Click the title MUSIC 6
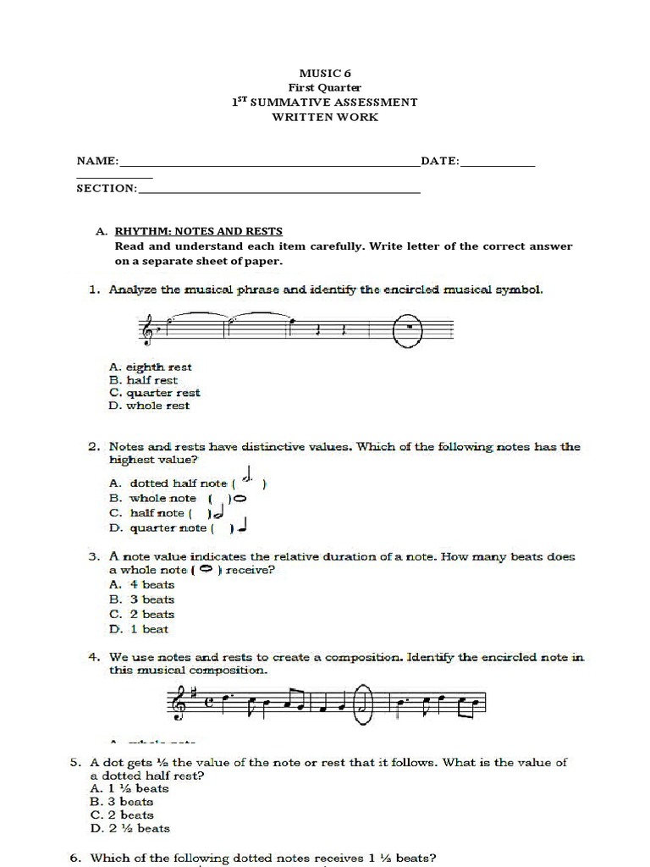324,74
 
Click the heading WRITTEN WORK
324,117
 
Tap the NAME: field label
98,161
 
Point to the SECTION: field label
107,188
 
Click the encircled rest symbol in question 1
409,327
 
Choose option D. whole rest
149,406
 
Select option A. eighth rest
150,367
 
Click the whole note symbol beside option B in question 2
240,498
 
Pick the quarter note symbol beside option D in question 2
242,527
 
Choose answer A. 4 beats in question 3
141,585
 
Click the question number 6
75,858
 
